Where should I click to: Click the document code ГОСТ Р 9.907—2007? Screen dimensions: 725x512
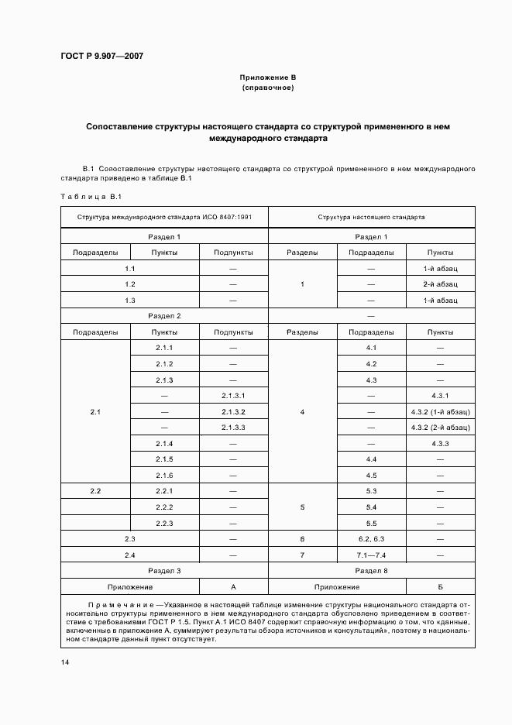[x=101, y=56]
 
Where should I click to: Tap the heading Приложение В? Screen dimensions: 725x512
[x=268, y=78]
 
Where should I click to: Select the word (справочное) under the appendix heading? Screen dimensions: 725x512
[x=268, y=88]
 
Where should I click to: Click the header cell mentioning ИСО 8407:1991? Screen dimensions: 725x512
[x=164, y=218]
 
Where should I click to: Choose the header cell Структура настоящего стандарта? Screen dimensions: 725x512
[x=371, y=218]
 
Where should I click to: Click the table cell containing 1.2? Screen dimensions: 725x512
[x=130, y=284]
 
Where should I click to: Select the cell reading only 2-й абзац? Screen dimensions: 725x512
[x=441, y=284]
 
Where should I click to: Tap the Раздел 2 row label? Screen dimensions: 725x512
[x=164, y=316]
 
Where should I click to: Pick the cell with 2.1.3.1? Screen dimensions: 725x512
[x=233, y=396]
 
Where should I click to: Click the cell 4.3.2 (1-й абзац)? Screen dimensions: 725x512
[x=441, y=412]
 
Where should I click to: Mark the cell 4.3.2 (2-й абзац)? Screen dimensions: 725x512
[x=441, y=428]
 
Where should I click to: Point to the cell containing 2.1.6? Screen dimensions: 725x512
[x=164, y=475]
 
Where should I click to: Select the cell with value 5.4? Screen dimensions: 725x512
[x=371, y=507]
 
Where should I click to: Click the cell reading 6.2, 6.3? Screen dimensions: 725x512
[x=371, y=538]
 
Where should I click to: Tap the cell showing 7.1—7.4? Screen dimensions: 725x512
[x=371, y=555]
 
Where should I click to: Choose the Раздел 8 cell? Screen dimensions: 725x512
[x=371, y=571]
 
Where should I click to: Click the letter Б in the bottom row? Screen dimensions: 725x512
[x=441, y=587]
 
